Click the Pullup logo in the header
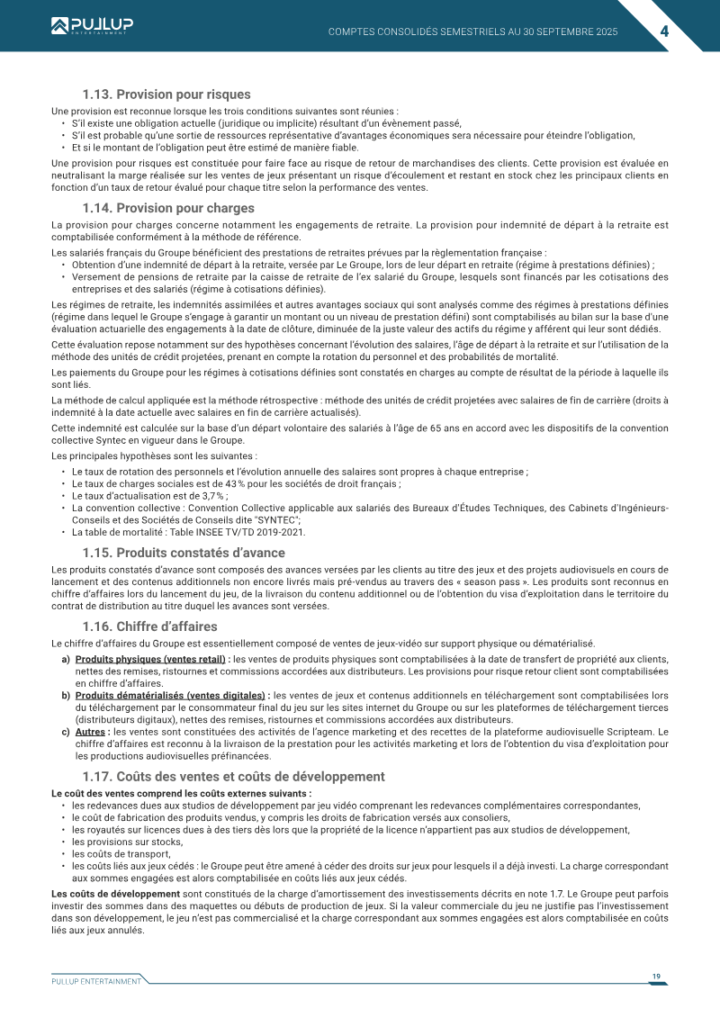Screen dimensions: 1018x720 point(90,25)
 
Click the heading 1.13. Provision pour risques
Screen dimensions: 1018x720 point(166,95)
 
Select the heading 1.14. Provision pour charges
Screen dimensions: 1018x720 point(168,208)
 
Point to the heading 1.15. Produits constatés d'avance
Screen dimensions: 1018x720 point(184,553)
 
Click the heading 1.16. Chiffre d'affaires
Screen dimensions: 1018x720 point(149,626)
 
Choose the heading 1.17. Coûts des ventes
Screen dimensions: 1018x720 point(233,776)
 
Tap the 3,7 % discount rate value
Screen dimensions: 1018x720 point(213,495)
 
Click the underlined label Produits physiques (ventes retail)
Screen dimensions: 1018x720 point(151,659)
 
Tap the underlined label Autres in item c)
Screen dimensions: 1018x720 point(91,732)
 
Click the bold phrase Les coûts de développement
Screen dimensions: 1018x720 point(116,893)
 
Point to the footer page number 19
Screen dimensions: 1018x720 point(657,977)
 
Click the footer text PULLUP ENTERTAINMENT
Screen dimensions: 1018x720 point(96,981)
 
